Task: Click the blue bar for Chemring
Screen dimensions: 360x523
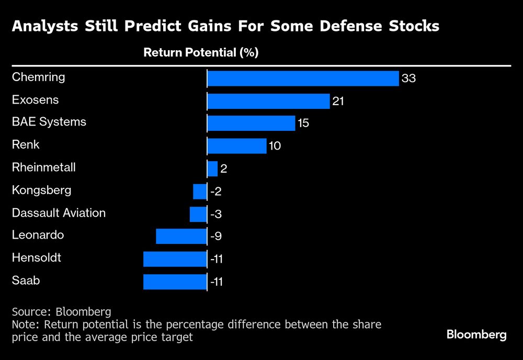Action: pos(303,78)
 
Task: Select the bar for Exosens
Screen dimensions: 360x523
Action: pos(268,101)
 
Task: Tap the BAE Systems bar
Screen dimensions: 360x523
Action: pos(251,123)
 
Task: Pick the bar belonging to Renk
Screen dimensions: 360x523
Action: pos(237,146)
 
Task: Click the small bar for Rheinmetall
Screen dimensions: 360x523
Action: pos(212,168)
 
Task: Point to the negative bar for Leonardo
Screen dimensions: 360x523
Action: pos(181,236)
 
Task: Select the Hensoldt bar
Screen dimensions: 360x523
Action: pos(175,259)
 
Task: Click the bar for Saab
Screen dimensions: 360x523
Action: pos(175,282)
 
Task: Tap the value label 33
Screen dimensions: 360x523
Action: pos(408,79)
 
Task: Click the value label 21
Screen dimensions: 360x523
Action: pos(338,102)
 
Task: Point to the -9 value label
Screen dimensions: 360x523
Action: pos(216,237)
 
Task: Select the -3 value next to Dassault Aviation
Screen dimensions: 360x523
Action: pos(216,214)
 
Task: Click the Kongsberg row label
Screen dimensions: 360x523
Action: pos(41,190)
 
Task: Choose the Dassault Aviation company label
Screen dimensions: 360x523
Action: pos(59,213)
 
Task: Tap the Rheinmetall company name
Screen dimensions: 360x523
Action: pos(44,167)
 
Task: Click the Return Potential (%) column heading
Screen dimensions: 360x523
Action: pos(201,52)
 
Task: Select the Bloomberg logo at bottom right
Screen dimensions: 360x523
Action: pos(476,335)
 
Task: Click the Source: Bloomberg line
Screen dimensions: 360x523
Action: pos(61,312)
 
